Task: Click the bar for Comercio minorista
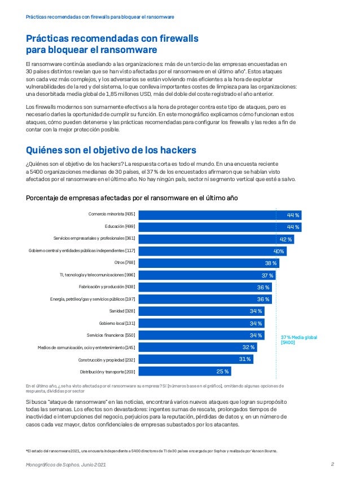coord(220,214)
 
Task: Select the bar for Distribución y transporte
coord(185,371)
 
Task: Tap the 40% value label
coord(278,250)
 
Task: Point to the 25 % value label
coord(223,371)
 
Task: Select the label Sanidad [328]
coord(122,311)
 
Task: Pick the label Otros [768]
coord(124,262)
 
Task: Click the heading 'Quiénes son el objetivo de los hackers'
coord(111,150)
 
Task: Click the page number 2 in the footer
coord(333,464)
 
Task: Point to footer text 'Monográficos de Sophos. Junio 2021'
coord(66,464)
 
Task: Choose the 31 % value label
coord(245,359)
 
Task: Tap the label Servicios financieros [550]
coord(111,335)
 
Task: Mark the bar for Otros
coord(209,263)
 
